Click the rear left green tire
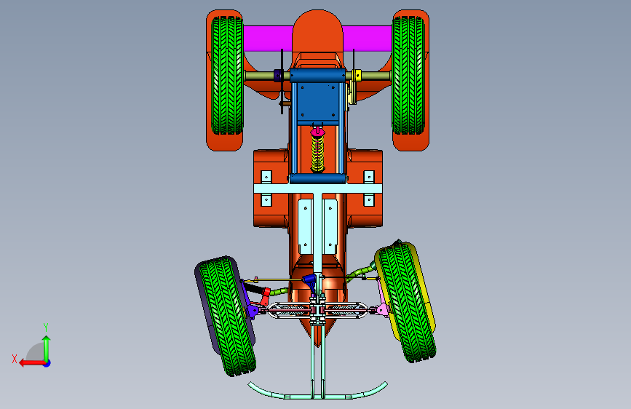tap(227, 75)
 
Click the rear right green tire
tap(408, 75)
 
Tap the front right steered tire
tap(406, 302)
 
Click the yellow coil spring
tap(317, 154)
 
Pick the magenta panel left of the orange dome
tap(268, 39)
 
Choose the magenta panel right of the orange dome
tap(368, 39)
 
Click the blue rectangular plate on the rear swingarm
tap(317, 100)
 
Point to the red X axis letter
tap(15, 359)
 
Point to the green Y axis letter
tap(46, 327)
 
